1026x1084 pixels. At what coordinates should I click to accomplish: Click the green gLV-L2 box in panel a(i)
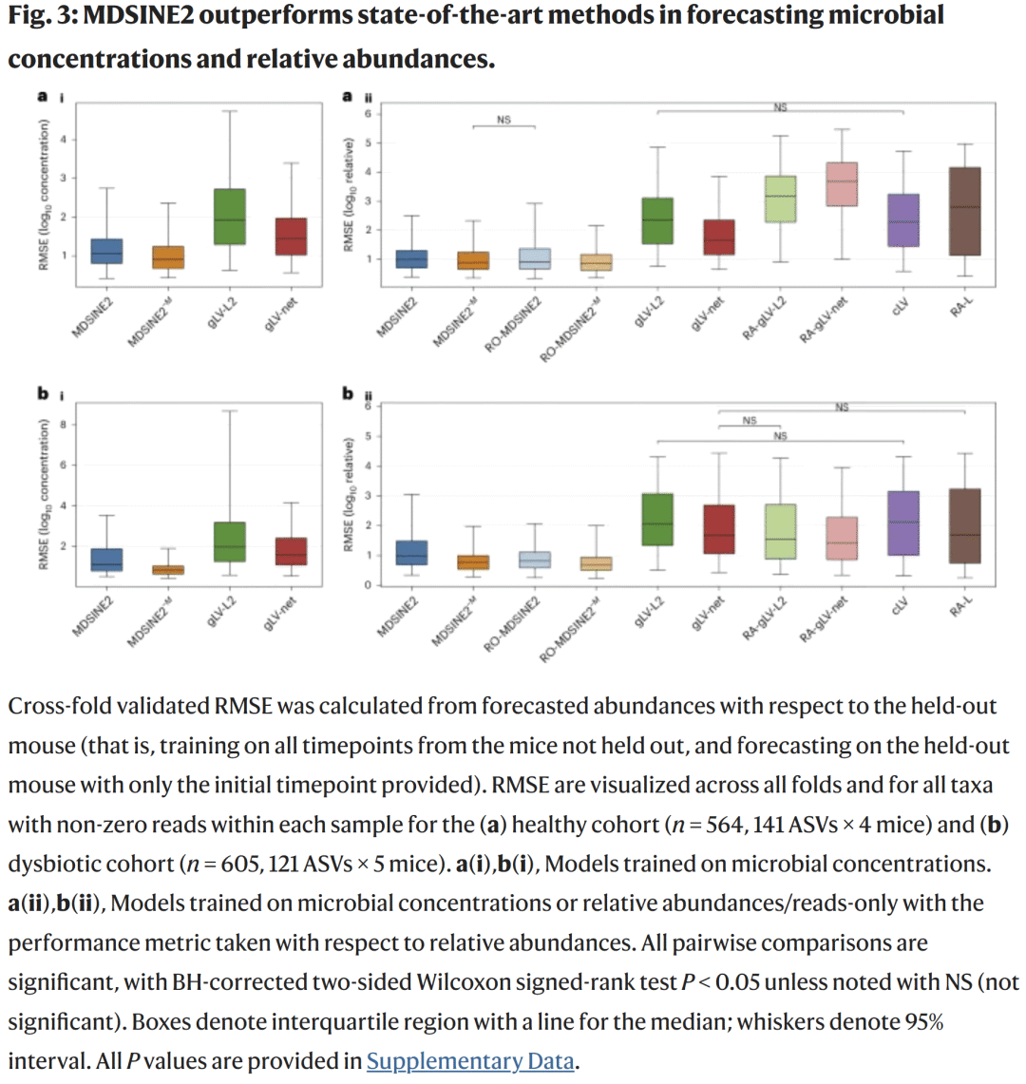(229, 217)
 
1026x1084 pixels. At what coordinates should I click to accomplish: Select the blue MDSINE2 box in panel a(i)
(106, 251)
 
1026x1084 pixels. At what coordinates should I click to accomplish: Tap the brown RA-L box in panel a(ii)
(965, 211)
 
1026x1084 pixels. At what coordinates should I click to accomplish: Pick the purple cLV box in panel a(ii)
(902, 220)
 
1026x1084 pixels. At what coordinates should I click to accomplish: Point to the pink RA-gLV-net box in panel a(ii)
(842, 184)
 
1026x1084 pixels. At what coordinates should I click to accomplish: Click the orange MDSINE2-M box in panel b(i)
(168, 570)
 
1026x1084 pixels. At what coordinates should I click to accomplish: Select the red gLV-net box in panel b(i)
(291, 551)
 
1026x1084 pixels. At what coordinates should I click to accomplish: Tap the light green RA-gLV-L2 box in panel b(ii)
(780, 531)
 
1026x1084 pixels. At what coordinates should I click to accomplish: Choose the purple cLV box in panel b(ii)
(902, 523)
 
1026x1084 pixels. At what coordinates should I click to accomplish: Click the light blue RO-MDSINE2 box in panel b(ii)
(535, 560)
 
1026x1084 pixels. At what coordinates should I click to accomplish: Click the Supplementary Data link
(470, 1061)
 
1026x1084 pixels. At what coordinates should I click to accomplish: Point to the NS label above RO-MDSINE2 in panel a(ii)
(503, 120)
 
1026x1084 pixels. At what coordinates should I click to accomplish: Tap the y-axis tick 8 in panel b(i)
(63, 425)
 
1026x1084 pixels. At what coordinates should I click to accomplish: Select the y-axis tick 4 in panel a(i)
(63, 140)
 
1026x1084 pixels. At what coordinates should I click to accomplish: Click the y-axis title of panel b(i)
(44, 494)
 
